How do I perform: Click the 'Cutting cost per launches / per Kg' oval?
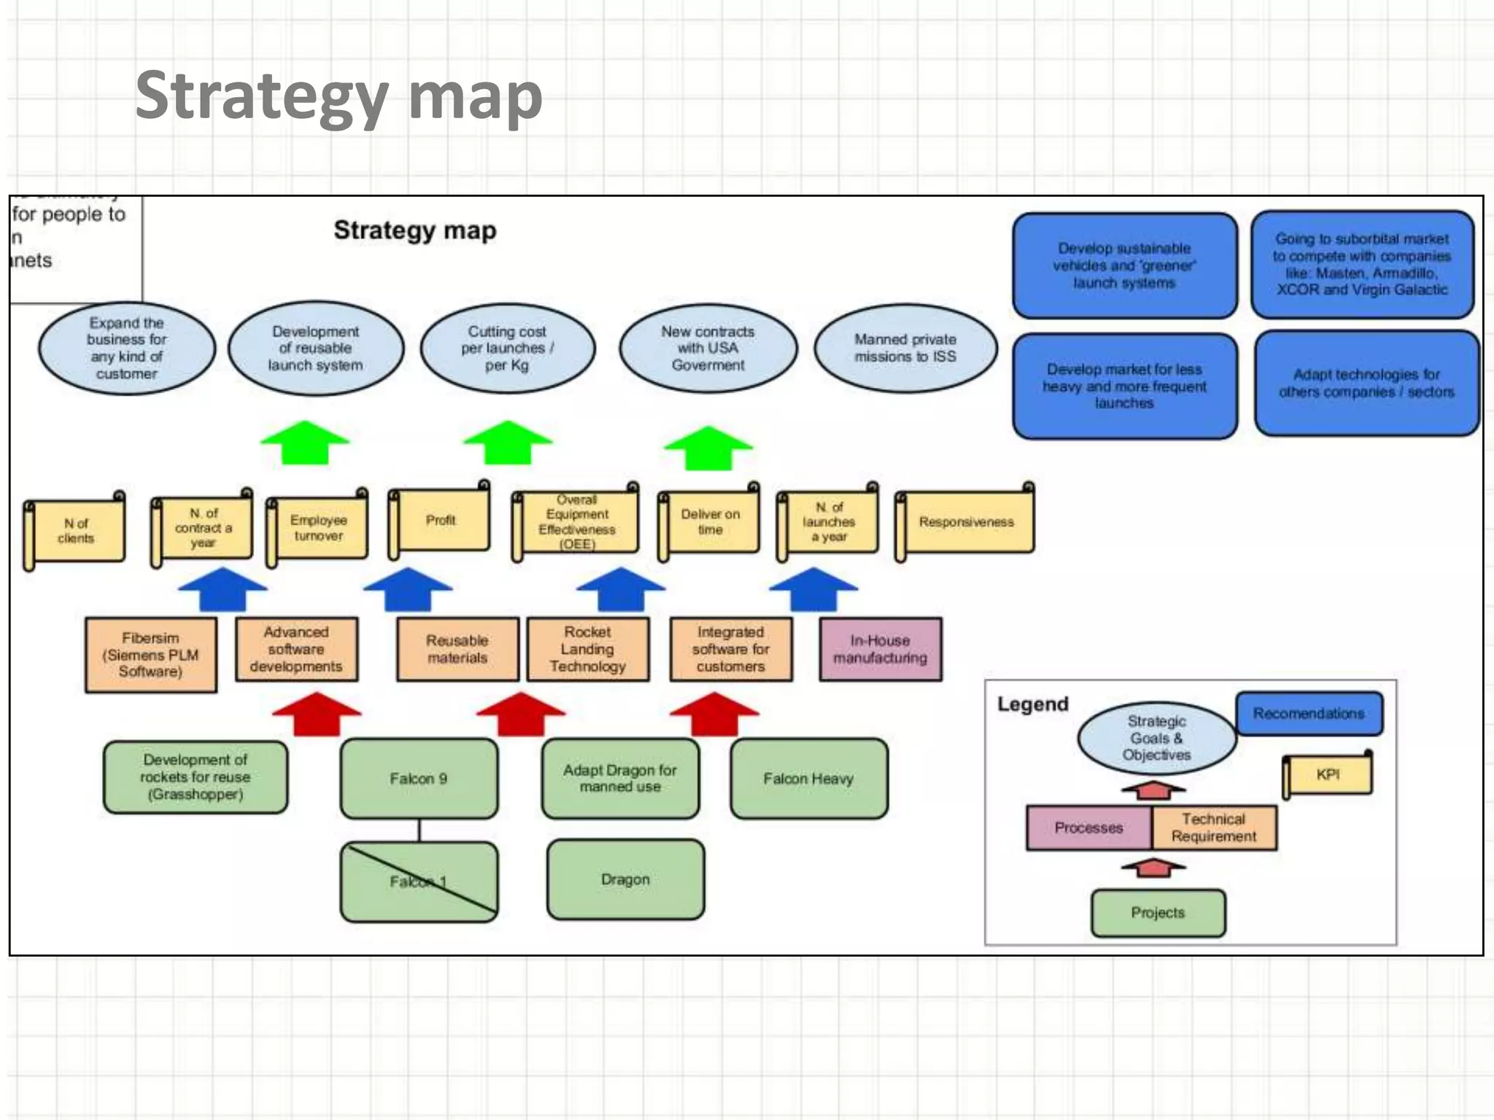[508, 349]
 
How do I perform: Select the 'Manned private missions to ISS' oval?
[905, 349]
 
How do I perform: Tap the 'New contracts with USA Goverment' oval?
[708, 349]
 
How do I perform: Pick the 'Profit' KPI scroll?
[441, 521]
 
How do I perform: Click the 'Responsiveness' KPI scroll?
[966, 522]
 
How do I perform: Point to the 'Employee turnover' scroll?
[319, 528]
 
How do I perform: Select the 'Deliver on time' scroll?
[710, 522]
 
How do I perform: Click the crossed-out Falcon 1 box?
[419, 882]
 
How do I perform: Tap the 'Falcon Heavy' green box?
[808, 779]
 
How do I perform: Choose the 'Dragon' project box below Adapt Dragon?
[625, 879]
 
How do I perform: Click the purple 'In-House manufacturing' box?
[880, 649]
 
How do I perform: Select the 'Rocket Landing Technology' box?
[588, 649]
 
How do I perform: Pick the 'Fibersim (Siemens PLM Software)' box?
[151, 655]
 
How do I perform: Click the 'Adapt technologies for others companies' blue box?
[1366, 384]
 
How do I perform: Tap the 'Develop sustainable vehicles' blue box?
[1124, 265]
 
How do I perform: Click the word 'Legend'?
[1032, 704]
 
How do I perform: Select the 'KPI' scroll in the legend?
[1328, 775]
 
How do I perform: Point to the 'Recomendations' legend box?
[1309, 713]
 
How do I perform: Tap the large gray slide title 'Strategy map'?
[338, 96]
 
